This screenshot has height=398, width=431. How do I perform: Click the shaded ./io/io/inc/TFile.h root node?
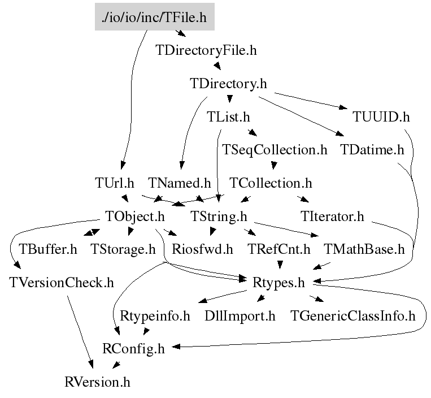click(x=154, y=18)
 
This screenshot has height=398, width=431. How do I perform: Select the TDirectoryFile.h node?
click(x=206, y=50)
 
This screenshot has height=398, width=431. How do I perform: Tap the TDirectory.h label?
click(x=228, y=84)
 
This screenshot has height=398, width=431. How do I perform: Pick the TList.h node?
click(x=228, y=117)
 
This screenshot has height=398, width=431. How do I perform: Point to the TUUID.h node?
click(x=381, y=117)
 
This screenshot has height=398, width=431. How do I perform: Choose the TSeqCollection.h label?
click(x=275, y=150)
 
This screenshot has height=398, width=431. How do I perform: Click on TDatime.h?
click(x=373, y=150)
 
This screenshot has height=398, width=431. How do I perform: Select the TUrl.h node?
click(x=115, y=183)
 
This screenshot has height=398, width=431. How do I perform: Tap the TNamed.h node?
click(x=179, y=183)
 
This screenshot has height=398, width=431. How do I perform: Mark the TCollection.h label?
click(x=271, y=183)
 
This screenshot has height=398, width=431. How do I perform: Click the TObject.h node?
click(x=135, y=216)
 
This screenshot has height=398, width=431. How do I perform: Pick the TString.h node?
click(x=219, y=216)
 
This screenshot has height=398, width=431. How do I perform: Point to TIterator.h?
click(x=333, y=216)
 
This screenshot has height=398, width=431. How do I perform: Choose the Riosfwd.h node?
click(x=203, y=249)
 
